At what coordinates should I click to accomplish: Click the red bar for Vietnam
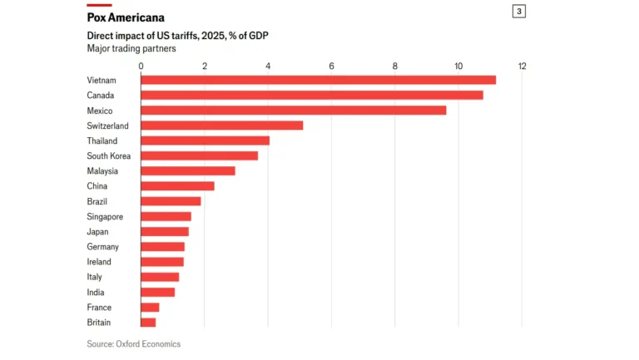(x=318, y=80)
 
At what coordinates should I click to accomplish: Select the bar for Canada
(x=311, y=95)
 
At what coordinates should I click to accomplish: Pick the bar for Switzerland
(x=221, y=126)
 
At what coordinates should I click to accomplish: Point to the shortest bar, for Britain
(x=148, y=323)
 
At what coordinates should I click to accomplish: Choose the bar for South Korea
(x=199, y=155)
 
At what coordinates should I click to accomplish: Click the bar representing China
(x=177, y=186)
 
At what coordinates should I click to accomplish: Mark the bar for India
(x=157, y=292)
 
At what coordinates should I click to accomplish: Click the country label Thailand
(x=102, y=141)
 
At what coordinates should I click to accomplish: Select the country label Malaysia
(x=102, y=170)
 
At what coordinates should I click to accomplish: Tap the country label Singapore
(x=104, y=216)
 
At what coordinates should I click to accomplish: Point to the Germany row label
(x=102, y=247)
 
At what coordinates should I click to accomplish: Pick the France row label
(x=99, y=308)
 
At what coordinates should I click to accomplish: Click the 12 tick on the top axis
(x=522, y=66)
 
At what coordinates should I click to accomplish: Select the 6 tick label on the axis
(x=331, y=66)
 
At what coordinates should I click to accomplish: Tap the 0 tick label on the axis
(x=141, y=66)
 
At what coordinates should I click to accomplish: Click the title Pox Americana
(x=126, y=17)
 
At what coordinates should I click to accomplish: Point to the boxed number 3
(x=519, y=12)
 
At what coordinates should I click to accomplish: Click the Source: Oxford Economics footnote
(x=133, y=343)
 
